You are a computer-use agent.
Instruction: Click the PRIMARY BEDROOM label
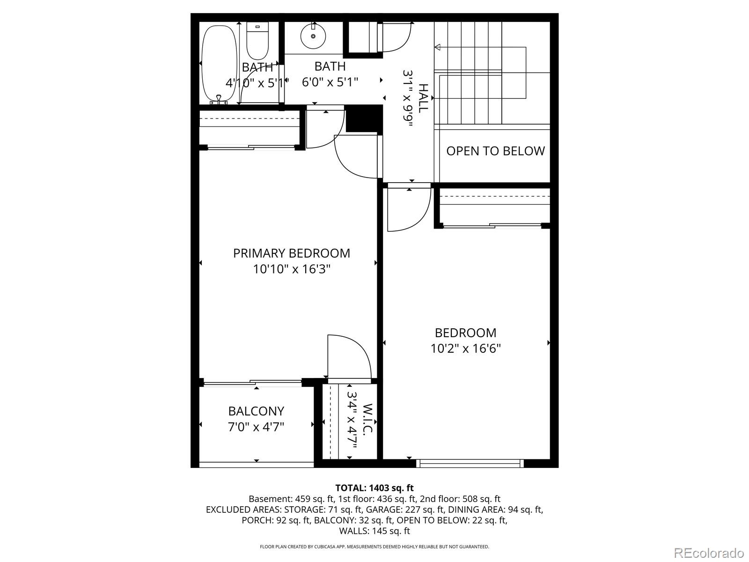click(292, 253)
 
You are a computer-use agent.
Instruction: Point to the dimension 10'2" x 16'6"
click(466, 348)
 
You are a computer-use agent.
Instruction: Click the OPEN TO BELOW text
click(495, 151)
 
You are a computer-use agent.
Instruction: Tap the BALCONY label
click(256, 411)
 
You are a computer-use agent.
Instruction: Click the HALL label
click(423, 98)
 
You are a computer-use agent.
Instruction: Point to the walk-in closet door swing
click(349, 356)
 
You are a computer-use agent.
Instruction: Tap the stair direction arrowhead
click(438, 47)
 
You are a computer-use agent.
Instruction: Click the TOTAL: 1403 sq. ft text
click(374, 488)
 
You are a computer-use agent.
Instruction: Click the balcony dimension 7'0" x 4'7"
click(256, 427)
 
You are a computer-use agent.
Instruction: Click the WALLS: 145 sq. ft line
click(374, 531)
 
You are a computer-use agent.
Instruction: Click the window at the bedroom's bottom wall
click(470, 463)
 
